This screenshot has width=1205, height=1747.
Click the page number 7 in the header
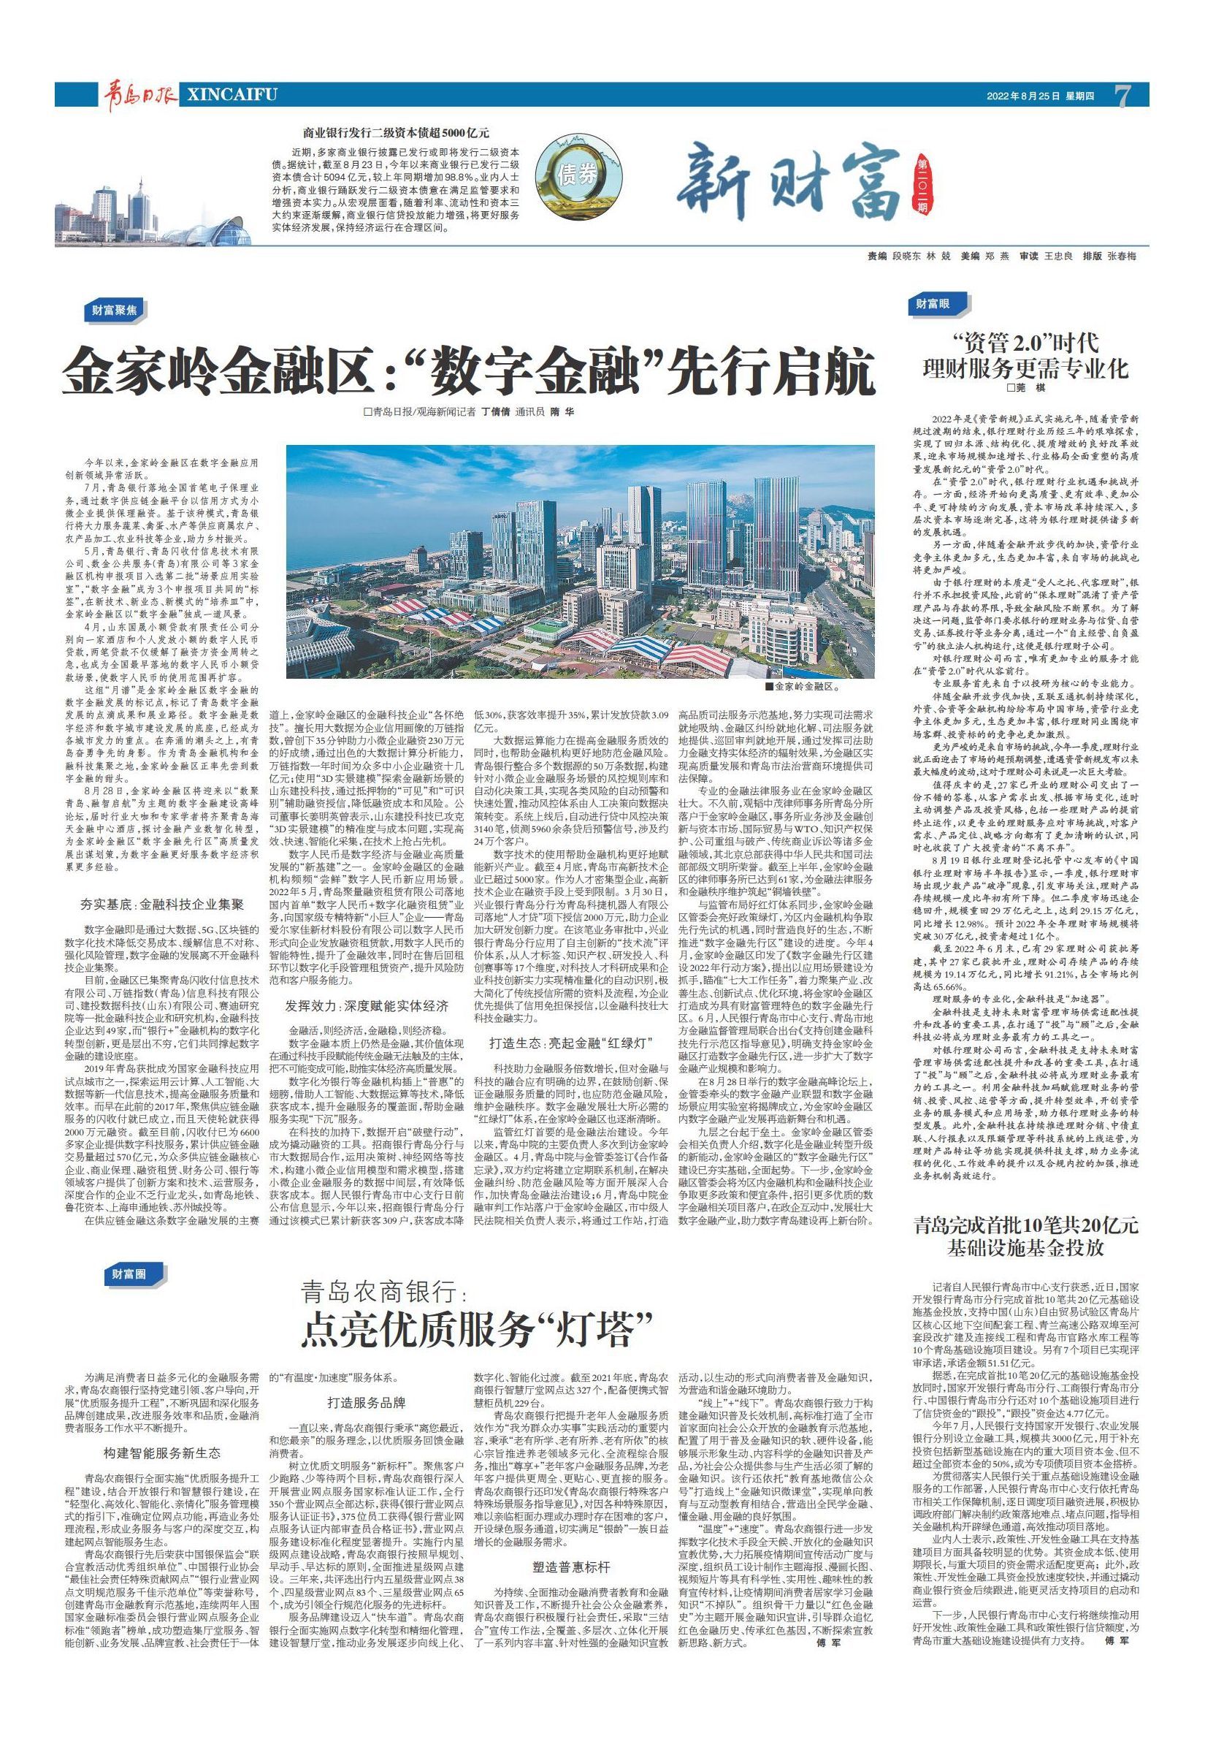(x=1122, y=96)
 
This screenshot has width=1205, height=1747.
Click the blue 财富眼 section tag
(x=933, y=305)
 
